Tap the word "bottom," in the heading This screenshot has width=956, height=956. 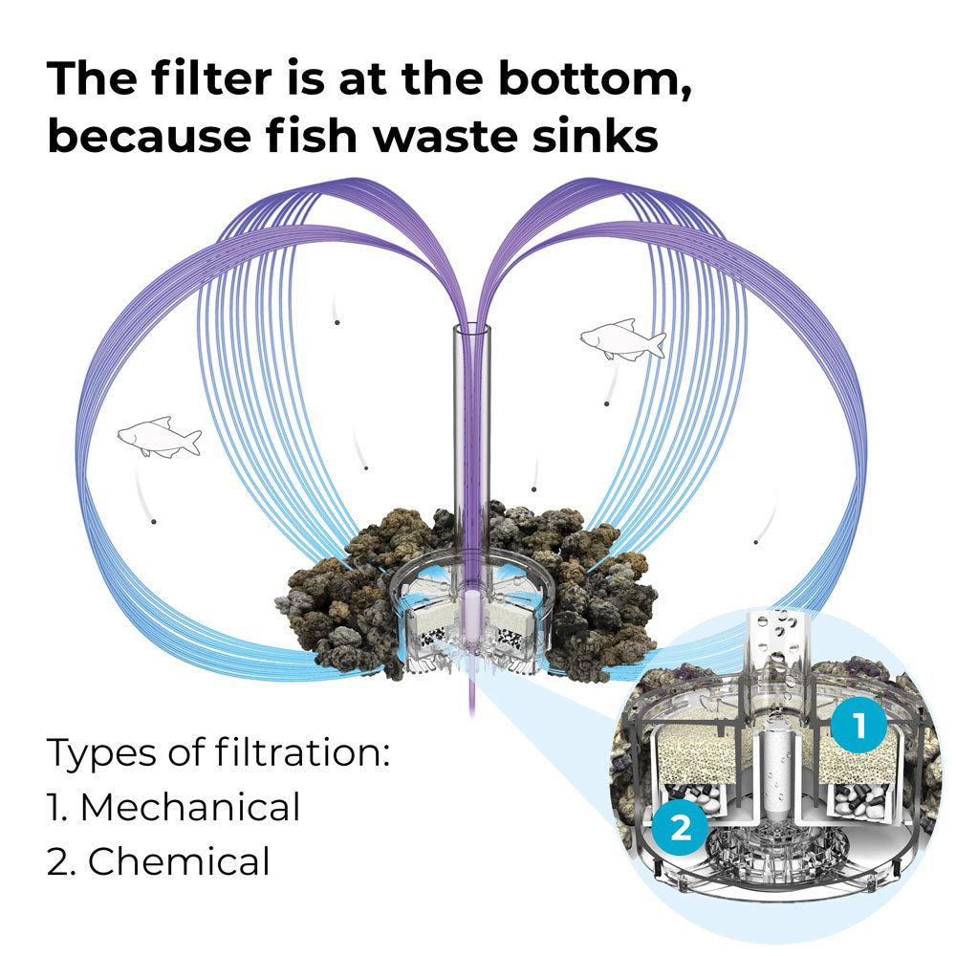click(595, 80)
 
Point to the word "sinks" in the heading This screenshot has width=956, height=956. click(595, 134)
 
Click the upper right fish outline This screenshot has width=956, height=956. click(623, 340)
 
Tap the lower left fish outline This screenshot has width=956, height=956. click(159, 437)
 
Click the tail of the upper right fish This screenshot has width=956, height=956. click(657, 344)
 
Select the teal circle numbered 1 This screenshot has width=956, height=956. click(858, 726)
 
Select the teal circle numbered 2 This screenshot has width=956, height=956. click(680, 827)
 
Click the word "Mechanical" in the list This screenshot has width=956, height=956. click(190, 807)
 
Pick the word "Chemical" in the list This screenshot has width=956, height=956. click(179, 861)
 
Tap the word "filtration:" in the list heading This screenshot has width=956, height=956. click(302, 752)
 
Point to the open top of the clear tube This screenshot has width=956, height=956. click(472, 330)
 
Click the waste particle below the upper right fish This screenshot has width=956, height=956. click(606, 403)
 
